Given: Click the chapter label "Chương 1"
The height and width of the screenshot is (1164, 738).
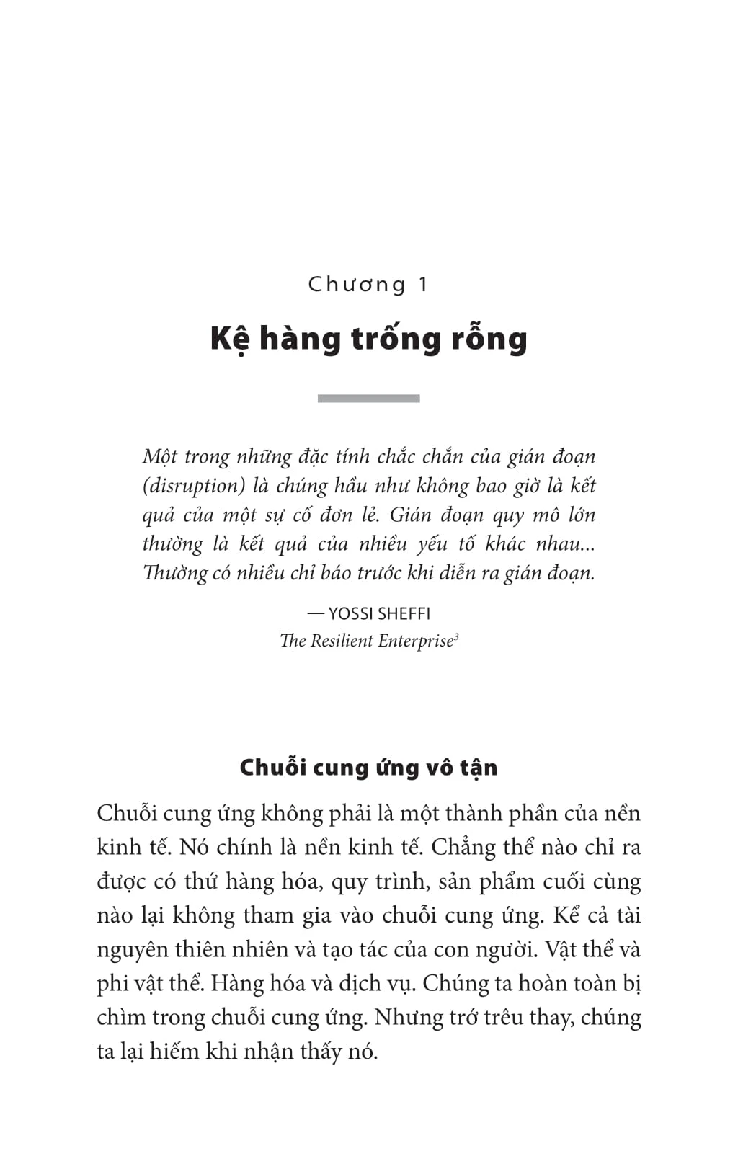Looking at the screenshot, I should tap(368, 284).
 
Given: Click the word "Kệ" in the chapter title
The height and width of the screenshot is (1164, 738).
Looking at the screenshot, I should tap(229, 339).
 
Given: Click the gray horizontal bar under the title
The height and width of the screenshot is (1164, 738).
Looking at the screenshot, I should tap(368, 399).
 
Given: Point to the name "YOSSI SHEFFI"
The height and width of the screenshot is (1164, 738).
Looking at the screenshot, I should tap(379, 613).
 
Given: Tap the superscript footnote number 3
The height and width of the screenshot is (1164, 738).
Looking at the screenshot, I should tap(457, 636).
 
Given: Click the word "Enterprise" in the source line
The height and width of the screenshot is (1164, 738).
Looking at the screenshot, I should tap(415, 641).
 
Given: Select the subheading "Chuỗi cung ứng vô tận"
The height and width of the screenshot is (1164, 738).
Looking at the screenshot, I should tap(368, 768).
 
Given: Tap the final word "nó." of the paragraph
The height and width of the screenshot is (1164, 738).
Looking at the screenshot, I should tap(363, 1052).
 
